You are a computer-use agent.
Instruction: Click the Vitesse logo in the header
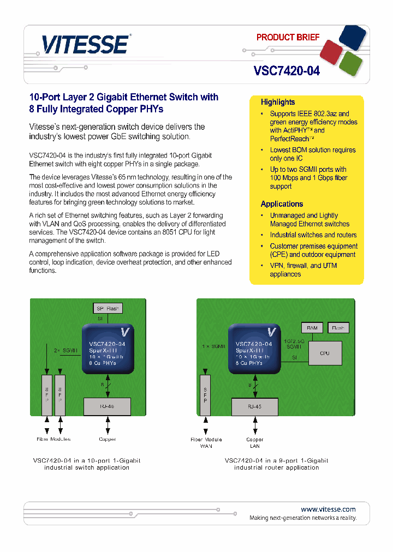[86, 44]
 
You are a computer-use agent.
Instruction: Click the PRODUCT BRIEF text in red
[288, 38]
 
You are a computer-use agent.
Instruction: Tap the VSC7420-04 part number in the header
[287, 71]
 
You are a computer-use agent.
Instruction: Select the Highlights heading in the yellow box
[277, 102]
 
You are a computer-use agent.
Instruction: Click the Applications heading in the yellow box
[282, 204]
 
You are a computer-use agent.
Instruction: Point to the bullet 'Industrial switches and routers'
[313, 235]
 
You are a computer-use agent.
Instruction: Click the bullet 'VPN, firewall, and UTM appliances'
[303, 270]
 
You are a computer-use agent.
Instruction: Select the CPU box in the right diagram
[324, 353]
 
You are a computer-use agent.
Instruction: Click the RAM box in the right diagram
[312, 328]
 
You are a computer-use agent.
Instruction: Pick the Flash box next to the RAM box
[338, 328]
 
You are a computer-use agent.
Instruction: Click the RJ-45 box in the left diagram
[107, 406]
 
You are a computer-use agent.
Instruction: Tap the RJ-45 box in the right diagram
[254, 406]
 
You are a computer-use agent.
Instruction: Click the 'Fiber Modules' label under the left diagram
[53, 439]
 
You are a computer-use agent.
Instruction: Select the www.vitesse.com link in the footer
[328, 509]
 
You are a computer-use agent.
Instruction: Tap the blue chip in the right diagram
[254, 349]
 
